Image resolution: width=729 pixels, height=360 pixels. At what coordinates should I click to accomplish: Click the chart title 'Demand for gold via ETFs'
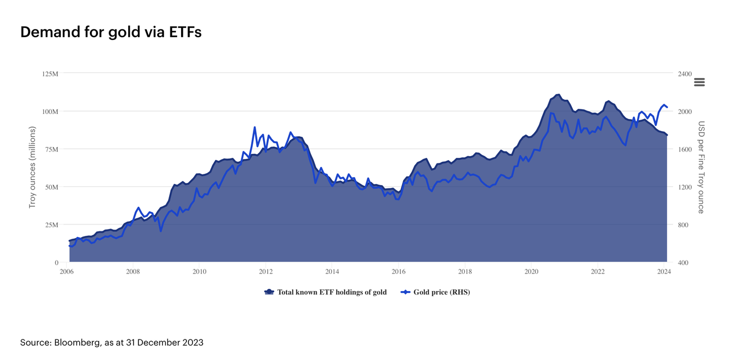[x=110, y=32]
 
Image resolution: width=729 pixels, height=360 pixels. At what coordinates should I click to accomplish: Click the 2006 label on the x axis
[x=67, y=272]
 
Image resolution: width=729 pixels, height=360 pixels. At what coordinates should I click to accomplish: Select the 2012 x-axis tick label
[x=266, y=272]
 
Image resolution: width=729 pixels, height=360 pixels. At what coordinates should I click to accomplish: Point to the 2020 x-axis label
[x=531, y=272]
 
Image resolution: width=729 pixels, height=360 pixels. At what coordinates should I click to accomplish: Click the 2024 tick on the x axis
[x=664, y=272]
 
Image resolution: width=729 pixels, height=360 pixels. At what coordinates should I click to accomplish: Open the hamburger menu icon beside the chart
[x=699, y=82]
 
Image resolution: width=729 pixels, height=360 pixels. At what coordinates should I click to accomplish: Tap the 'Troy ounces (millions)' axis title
[x=32, y=167]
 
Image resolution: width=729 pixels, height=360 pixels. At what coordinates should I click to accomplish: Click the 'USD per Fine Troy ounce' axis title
[x=701, y=167]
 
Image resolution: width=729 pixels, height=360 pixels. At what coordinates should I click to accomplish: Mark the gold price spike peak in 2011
[x=255, y=127]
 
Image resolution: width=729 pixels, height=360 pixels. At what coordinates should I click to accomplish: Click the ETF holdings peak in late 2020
[x=558, y=95]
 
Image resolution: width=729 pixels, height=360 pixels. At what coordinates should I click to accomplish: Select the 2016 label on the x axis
[x=399, y=272]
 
